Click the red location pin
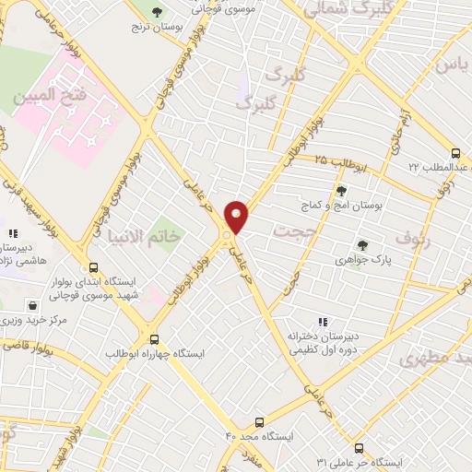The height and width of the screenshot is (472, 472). (x=237, y=216)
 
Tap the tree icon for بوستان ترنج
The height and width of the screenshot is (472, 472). (x=156, y=13)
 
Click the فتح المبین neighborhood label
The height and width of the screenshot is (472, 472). (x=47, y=95)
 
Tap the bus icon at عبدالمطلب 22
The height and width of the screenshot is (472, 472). (x=454, y=153)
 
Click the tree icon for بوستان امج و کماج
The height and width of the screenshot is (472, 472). (x=342, y=190)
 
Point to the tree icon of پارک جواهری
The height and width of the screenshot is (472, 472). (x=361, y=245)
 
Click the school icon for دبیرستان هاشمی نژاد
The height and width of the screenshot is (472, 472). (x=12, y=234)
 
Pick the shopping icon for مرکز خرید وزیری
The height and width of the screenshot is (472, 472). (x=33, y=305)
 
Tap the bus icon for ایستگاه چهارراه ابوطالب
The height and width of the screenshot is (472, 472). (x=154, y=338)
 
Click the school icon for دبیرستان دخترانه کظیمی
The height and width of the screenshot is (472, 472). (x=322, y=322)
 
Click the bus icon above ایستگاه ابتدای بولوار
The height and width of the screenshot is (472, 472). (x=89, y=266)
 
